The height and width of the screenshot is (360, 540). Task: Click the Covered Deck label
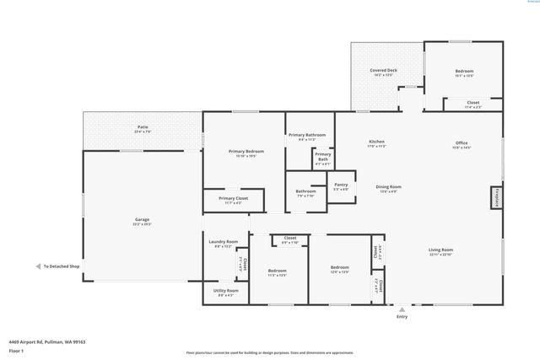pos(383,72)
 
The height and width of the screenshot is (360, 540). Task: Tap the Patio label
pos(143,129)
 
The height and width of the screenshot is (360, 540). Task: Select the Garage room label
pos(143,222)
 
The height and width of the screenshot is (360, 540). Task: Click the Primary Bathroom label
pos(307,137)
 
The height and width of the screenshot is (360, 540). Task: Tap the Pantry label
pos(341,186)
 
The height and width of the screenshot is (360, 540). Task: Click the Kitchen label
pos(376,143)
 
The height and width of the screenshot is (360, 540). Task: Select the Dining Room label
pos(389,188)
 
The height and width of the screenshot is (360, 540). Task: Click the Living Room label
pos(441,251)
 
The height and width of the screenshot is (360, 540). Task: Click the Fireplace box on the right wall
pos(497,197)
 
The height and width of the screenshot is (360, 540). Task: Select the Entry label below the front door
pos(402,316)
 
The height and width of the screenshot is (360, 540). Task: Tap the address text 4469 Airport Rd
pos(47,341)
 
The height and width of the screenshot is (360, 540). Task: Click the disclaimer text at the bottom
pos(269,353)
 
